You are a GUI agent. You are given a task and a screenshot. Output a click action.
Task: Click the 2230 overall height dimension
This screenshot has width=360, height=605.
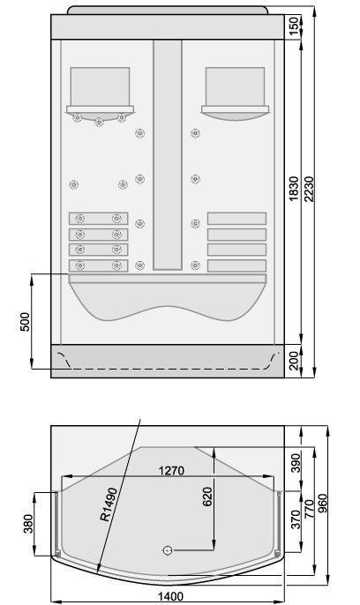point(309,190)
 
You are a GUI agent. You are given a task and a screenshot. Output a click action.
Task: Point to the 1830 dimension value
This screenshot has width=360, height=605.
point(294,189)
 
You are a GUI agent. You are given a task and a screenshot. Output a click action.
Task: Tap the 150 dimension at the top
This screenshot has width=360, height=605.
point(295,26)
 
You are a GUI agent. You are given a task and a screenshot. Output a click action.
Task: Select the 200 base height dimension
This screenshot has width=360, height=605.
point(295,361)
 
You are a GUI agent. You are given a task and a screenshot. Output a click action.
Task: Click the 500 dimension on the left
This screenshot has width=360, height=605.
point(25,322)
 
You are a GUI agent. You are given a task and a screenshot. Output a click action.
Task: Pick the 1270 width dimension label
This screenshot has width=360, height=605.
point(172,471)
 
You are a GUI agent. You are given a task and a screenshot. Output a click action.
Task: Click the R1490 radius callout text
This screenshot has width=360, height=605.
point(109,504)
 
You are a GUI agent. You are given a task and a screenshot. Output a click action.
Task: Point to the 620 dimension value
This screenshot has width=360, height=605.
point(207,497)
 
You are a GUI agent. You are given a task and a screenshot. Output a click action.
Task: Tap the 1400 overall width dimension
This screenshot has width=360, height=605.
point(170,596)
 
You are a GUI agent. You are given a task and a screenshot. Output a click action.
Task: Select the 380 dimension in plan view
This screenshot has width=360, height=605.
point(28,524)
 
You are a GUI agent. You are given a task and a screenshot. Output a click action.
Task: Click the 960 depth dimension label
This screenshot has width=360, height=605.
point(322,503)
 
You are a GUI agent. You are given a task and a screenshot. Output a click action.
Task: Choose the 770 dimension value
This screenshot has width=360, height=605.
point(309,509)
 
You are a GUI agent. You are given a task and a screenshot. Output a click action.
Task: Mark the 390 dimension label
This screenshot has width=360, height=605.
point(296,463)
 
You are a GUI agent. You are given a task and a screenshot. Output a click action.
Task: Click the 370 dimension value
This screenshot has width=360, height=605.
point(296,519)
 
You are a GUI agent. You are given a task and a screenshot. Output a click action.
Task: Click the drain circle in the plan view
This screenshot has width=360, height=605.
point(167,550)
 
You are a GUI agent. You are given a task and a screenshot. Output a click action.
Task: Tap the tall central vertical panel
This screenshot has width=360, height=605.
point(168,154)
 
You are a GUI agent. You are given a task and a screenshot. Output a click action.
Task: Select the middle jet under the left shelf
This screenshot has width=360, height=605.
point(99,122)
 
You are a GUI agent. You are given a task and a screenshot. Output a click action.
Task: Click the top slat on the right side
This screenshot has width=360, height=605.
point(237,219)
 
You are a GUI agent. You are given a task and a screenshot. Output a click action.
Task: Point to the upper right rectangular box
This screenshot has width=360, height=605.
point(235,86)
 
